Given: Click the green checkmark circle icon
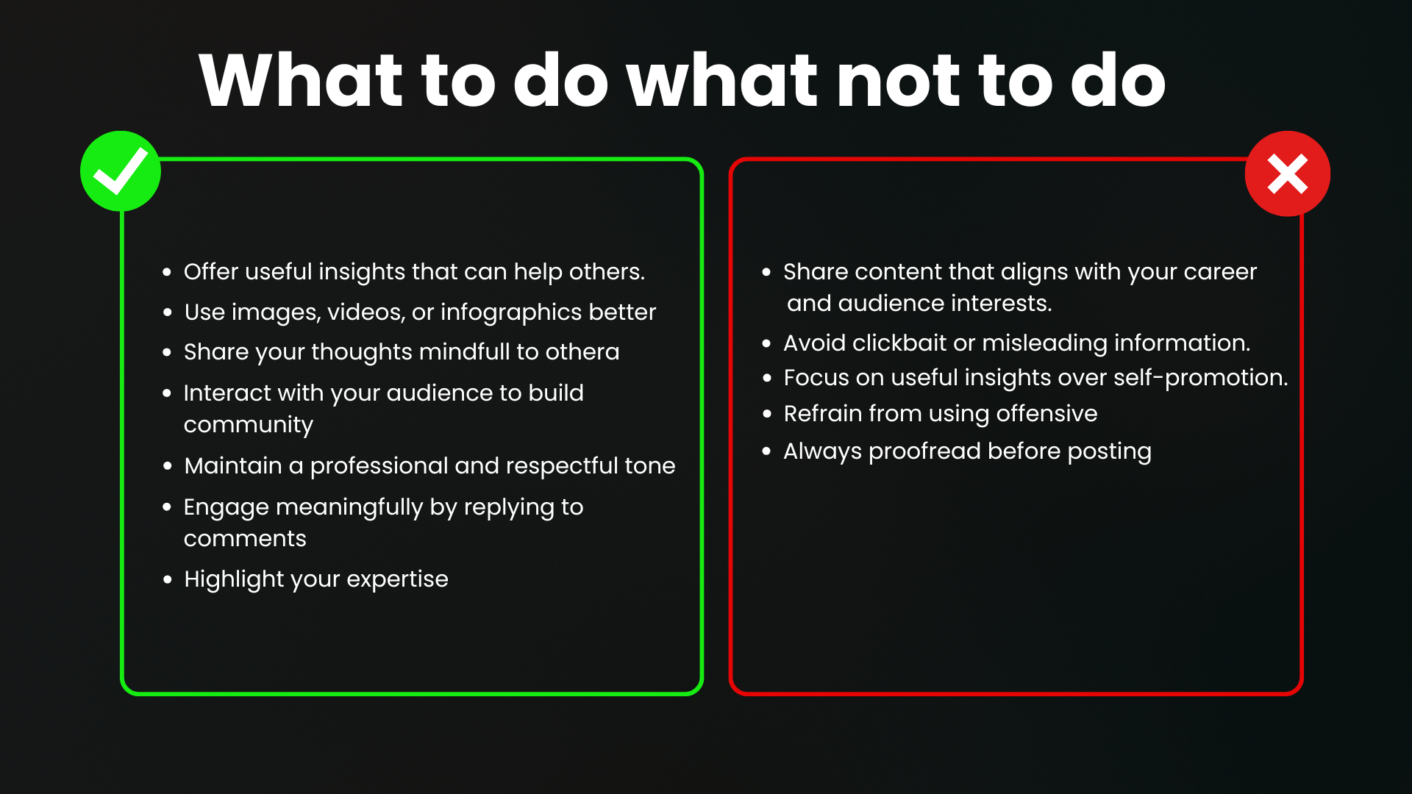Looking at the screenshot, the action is (121, 171).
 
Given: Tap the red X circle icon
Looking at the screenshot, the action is (1288, 174).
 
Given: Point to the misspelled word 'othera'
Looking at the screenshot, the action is (582, 352).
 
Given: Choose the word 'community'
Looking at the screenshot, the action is (249, 426).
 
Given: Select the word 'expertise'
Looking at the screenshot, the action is (397, 580).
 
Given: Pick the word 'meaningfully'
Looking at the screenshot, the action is (349, 508).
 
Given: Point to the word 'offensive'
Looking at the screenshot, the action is (1046, 413).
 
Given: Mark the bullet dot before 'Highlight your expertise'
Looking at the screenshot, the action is (168, 580).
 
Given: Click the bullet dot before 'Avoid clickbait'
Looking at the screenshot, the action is (767, 343).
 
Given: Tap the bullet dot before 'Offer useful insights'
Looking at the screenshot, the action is (168, 272).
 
